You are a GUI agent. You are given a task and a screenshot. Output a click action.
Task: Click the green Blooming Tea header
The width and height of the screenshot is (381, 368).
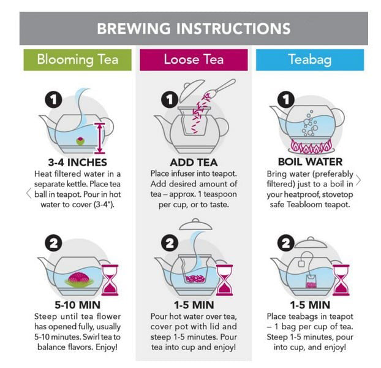[78, 60]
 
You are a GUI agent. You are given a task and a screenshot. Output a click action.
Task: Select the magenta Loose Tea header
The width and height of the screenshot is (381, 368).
[194, 60]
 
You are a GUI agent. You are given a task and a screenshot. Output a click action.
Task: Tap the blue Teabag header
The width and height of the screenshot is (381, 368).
[310, 60]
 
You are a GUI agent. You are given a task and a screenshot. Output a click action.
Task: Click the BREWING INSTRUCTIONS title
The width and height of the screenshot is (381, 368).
[194, 28]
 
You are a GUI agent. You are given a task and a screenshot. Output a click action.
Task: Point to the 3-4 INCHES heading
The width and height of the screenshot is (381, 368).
[78, 163]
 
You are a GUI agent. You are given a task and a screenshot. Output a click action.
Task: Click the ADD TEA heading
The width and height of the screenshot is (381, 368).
[194, 163]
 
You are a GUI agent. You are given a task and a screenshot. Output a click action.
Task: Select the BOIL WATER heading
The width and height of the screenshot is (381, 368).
[310, 162]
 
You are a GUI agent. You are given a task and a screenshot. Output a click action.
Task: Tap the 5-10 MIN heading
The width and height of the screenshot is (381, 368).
[78, 305]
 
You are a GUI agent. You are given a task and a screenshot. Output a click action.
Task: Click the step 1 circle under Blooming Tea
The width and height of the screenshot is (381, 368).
[53, 99]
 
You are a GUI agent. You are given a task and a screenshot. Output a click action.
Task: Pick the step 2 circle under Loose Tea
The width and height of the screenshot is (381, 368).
[170, 243]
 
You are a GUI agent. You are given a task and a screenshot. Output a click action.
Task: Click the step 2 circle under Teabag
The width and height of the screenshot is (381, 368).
[286, 243]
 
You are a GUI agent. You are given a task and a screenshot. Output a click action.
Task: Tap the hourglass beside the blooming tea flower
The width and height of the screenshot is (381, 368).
[110, 280]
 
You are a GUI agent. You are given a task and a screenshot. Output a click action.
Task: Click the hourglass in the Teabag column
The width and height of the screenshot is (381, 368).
[341, 280]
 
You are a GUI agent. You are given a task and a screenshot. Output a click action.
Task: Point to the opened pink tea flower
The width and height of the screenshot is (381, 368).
[79, 280]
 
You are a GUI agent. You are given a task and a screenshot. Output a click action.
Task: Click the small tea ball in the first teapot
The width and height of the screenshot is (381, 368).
[80, 141]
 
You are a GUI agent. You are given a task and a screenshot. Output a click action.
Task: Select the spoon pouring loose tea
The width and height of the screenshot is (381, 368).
[221, 88]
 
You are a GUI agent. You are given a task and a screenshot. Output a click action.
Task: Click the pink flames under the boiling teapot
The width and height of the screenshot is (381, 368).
[311, 147]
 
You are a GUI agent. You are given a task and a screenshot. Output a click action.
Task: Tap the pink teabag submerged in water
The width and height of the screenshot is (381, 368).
[311, 282]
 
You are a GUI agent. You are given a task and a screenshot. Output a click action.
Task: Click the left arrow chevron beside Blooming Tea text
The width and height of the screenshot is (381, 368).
[29, 193]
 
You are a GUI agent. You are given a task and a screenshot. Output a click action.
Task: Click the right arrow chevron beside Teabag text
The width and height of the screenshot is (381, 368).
[358, 180]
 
